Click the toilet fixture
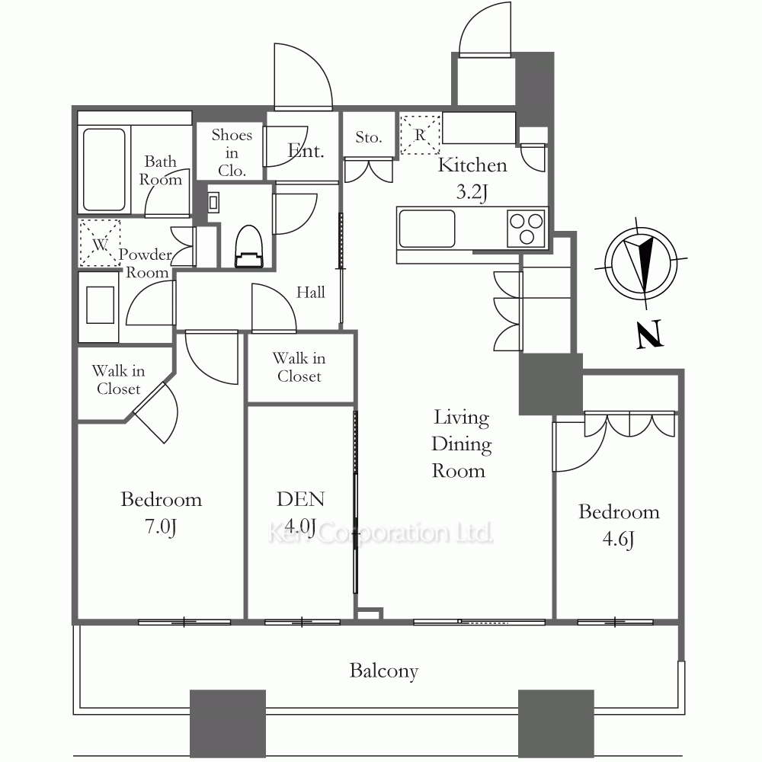click(x=249, y=246)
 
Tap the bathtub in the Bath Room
click(x=104, y=169)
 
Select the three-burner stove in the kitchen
click(x=525, y=229)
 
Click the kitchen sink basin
click(x=427, y=229)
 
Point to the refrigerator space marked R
click(x=420, y=134)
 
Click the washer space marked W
click(x=100, y=243)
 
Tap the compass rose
click(x=642, y=263)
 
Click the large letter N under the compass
click(x=650, y=334)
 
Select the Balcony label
click(x=384, y=671)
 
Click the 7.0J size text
click(x=161, y=527)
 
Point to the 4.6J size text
click(x=619, y=539)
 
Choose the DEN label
click(x=301, y=499)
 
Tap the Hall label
click(x=311, y=292)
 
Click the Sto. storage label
click(x=368, y=137)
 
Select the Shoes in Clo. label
click(x=232, y=152)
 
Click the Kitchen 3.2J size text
click(x=472, y=193)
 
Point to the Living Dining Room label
click(x=461, y=443)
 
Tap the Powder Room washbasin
click(x=100, y=305)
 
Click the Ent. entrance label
click(x=306, y=151)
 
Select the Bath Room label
click(x=160, y=170)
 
